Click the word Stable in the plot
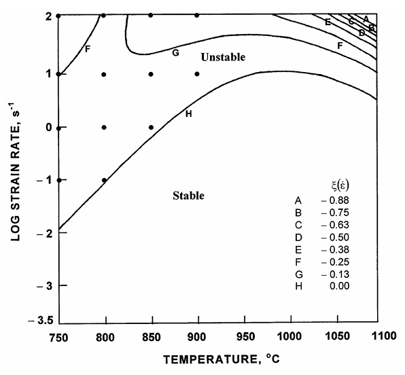[x=188, y=196]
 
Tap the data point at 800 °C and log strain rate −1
[x=104, y=180]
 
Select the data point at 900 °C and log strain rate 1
[x=197, y=74]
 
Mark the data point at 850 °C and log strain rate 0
[x=151, y=127]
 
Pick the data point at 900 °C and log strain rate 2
[x=197, y=15]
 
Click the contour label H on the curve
[x=188, y=113]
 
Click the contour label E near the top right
[x=328, y=22]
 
